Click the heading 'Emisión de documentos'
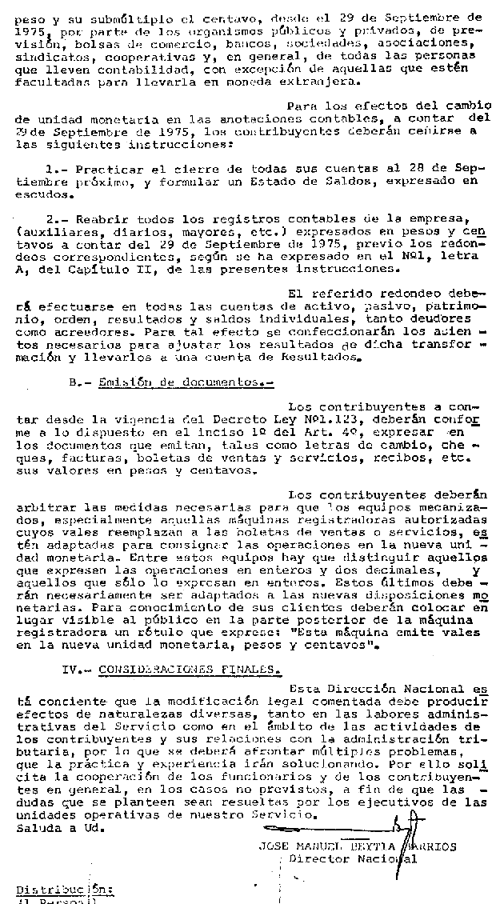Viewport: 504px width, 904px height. coord(188,383)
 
